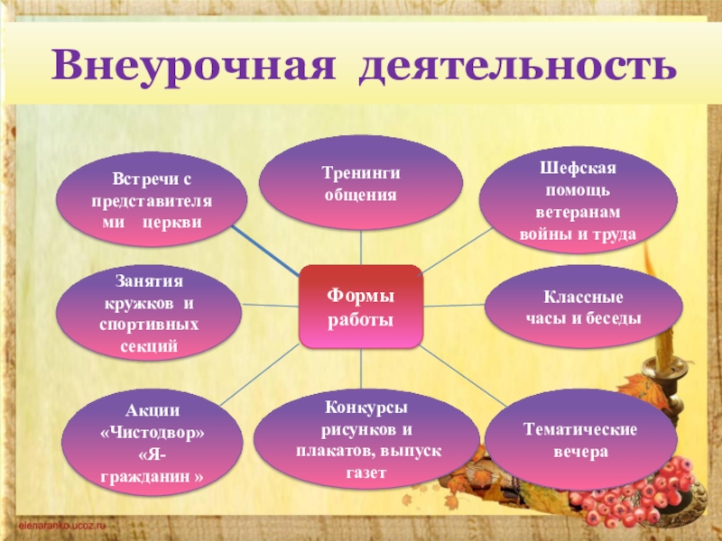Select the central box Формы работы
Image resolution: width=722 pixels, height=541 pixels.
coord(360,307)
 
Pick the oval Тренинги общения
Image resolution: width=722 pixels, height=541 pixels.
coord(360,183)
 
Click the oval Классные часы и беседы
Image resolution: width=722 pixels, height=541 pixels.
coord(583,307)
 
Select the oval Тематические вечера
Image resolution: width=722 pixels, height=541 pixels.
coord(581,439)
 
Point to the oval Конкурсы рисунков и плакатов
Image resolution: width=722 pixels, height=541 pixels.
coord(366,439)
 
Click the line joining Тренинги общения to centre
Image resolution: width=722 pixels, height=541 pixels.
coord(361,247)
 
